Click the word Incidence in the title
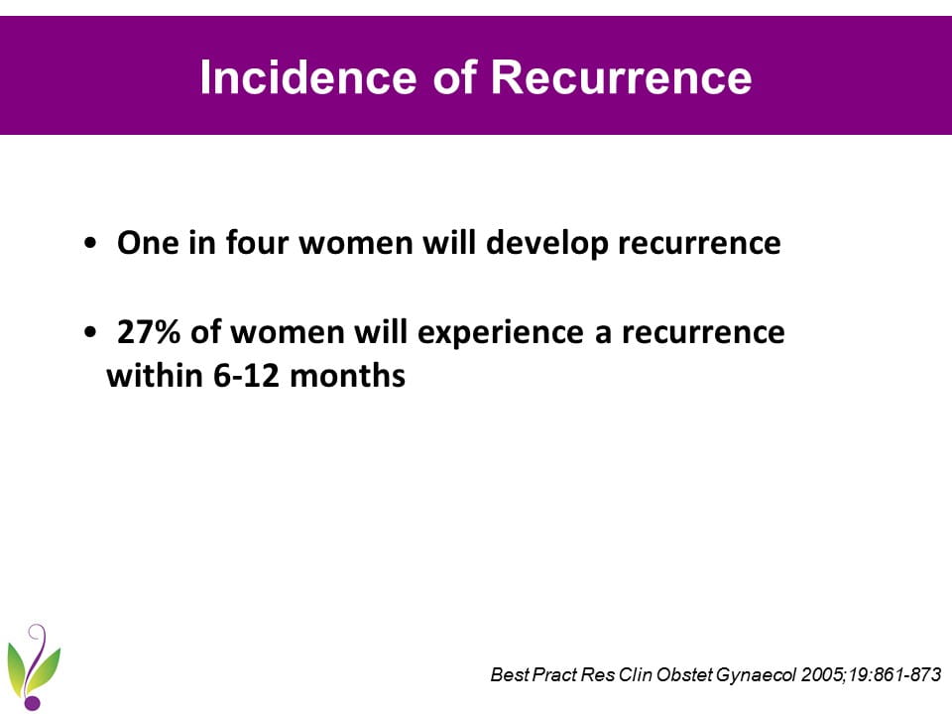(x=307, y=77)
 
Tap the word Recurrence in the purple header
(x=621, y=77)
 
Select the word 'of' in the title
(x=453, y=77)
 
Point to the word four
(x=258, y=243)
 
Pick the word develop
(x=547, y=244)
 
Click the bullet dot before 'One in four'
(x=90, y=244)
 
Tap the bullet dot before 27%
(x=90, y=333)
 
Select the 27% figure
(x=148, y=332)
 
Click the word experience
(x=500, y=333)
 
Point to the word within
(x=155, y=375)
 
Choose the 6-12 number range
(x=246, y=376)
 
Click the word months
(x=347, y=375)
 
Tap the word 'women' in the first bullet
(x=356, y=244)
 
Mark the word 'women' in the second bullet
(x=288, y=333)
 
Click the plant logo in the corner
(x=34, y=666)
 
